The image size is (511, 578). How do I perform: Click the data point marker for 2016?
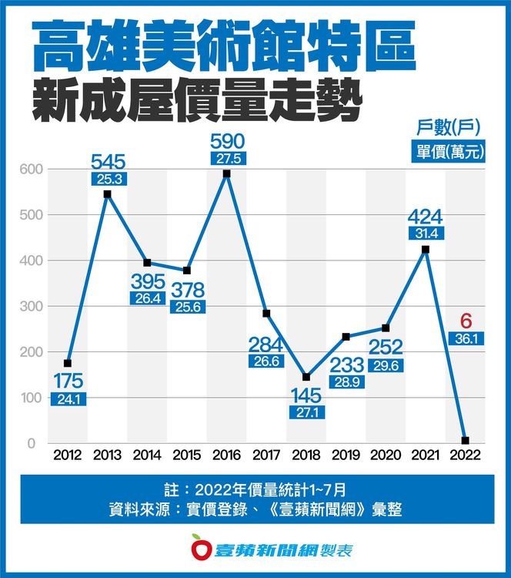click(x=226, y=173)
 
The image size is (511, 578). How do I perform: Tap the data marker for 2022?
click(x=465, y=441)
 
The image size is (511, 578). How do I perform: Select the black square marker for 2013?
click(x=107, y=193)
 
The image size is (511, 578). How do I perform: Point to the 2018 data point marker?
click(x=306, y=377)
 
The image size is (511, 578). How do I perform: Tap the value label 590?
click(x=226, y=141)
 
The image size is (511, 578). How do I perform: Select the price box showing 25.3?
click(x=107, y=179)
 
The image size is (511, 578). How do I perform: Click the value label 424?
click(x=424, y=214)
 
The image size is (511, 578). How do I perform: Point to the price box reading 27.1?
click(x=306, y=412)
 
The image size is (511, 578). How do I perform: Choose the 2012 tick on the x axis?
click(x=67, y=455)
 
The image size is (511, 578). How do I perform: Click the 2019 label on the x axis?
click(x=346, y=455)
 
